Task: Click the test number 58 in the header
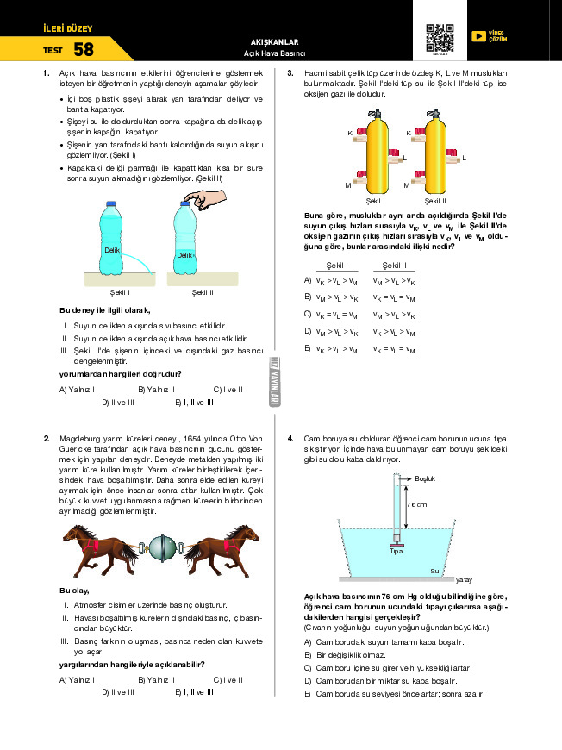click(84, 50)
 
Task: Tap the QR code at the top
click(440, 39)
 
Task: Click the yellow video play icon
click(478, 36)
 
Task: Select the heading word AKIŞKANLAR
click(273, 41)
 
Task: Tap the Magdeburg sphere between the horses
click(161, 546)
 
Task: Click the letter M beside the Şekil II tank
click(406, 185)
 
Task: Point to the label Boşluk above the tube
click(426, 478)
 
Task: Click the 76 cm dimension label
click(416, 504)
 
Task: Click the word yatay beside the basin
click(464, 579)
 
